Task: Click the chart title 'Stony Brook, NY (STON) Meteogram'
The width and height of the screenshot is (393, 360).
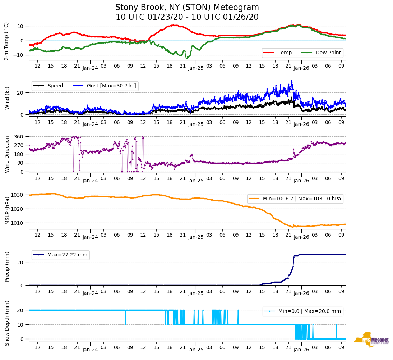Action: coord(187,8)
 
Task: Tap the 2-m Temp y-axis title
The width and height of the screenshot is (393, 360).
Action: coord(6,41)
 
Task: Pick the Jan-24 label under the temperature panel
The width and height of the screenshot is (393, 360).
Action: coord(90,68)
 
